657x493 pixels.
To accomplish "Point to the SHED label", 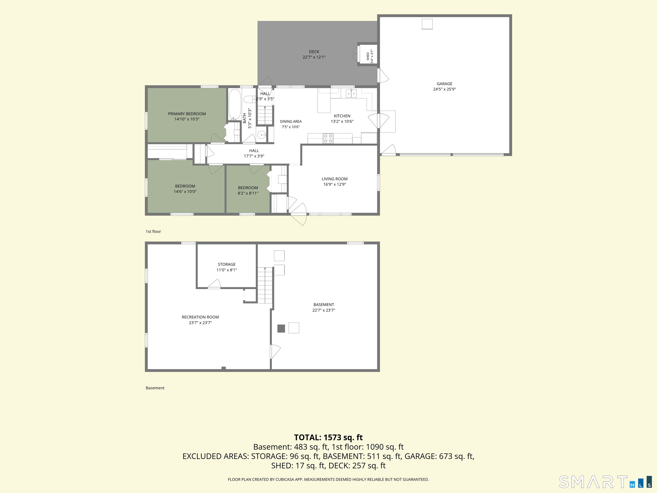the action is click(x=368, y=56).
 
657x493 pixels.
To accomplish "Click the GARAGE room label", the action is click(x=444, y=84).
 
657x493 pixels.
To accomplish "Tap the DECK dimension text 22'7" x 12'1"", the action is click(x=314, y=57).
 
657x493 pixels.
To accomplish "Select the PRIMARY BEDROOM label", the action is click(x=187, y=114).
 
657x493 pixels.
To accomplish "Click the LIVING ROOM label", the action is click(x=334, y=179).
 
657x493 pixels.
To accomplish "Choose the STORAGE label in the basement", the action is click(x=227, y=264).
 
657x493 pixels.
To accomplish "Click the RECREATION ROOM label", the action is click(x=200, y=317).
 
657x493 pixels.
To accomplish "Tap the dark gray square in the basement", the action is click(x=281, y=328).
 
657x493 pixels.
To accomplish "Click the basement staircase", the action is click(x=265, y=285).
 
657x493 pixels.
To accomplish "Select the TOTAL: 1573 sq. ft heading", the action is click(x=328, y=437).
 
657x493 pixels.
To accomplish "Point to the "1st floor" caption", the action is click(x=153, y=232).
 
